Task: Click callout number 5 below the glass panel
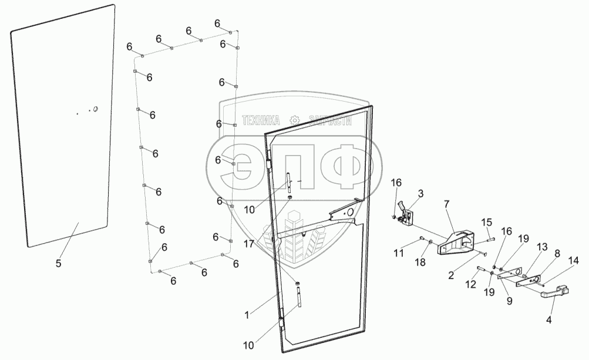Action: (x=58, y=263)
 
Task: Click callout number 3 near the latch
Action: (x=420, y=193)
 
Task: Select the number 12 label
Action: (x=471, y=284)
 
